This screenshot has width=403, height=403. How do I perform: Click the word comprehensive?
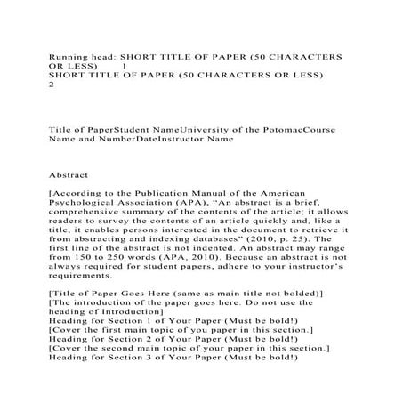[x=89, y=216]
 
